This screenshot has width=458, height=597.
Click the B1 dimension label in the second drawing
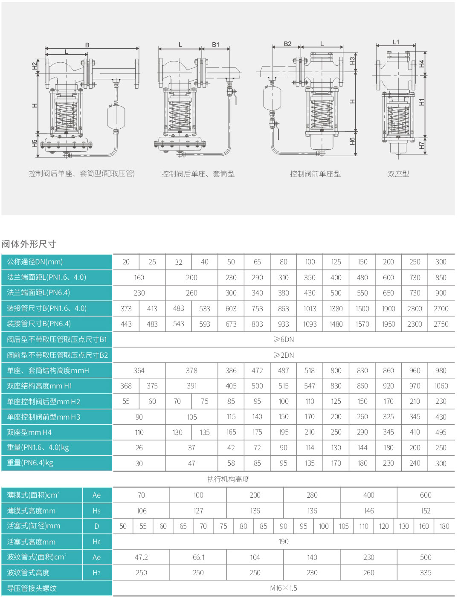click(215, 44)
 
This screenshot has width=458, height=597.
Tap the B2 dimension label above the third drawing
click(287, 44)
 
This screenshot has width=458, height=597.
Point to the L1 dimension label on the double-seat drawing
click(396, 42)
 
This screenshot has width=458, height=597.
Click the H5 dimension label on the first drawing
click(35, 144)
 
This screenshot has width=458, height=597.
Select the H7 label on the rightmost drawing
click(421, 145)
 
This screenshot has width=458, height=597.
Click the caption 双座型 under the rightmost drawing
click(398, 174)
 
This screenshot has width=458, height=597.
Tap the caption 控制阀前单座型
click(316, 174)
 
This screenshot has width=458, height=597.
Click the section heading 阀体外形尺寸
click(29, 244)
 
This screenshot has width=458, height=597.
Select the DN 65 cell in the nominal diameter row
click(257, 262)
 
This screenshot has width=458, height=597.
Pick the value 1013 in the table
click(310, 309)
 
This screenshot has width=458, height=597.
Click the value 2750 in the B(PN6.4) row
click(441, 324)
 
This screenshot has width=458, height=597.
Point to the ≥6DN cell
click(284, 339)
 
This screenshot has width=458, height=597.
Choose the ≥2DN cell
click(284, 355)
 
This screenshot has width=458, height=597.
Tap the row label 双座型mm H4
click(29, 432)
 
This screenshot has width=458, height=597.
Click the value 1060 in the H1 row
click(441, 386)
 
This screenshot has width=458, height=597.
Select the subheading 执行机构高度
click(228, 479)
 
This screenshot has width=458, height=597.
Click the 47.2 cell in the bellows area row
click(141, 557)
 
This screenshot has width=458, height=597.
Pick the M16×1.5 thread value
click(284, 588)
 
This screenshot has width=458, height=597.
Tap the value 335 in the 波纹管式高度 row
click(426, 573)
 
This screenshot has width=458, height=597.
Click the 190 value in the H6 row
click(284, 542)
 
